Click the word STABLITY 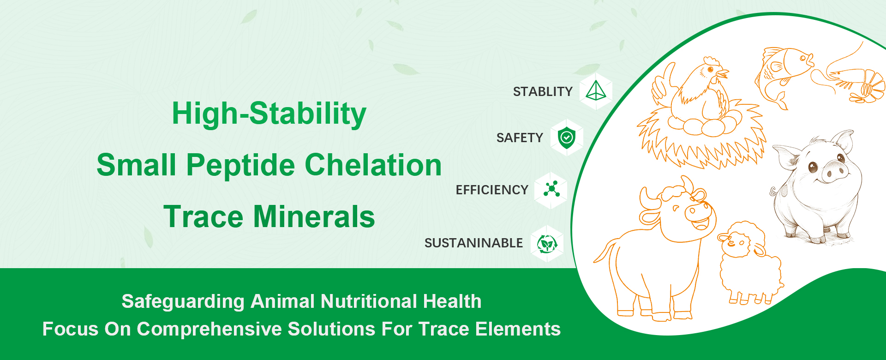543,91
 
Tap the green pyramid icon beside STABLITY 596,91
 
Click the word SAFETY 520,138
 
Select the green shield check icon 567,138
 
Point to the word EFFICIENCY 492,190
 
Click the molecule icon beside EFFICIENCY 551,189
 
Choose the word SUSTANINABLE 473,243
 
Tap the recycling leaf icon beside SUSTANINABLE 547,243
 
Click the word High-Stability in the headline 269,114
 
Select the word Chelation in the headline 373,165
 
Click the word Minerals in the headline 314,216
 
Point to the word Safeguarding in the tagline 183,301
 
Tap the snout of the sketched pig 834,171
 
